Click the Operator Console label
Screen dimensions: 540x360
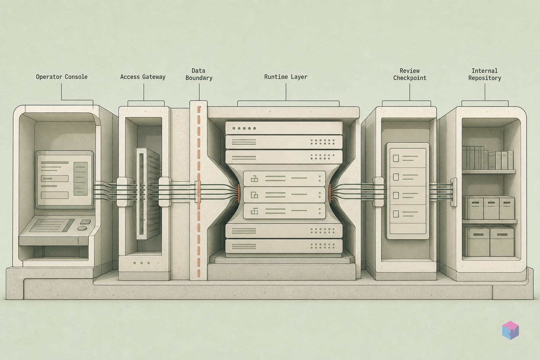pos(62,77)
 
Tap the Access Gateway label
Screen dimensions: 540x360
pos(143,77)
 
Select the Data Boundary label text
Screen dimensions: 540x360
pos(199,74)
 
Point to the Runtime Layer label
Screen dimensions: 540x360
pos(286,77)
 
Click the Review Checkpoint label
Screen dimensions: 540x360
pos(410,74)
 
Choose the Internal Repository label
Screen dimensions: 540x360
pos(484,74)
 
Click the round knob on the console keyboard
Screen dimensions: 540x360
pos(82,228)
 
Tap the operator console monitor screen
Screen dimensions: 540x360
pos(64,180)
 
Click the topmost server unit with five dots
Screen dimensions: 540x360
pos(284,128)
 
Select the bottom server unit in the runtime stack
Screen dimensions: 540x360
pos(284,246)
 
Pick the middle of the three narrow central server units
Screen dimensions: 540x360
pos(284,194)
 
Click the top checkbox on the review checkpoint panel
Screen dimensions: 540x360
pos(396,159)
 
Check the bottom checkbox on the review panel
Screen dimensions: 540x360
pos(396,214)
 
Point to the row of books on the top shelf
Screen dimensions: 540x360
pos(488,158)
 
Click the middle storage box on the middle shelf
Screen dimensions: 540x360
pos(491,208)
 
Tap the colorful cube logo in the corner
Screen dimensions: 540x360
pos(510,330)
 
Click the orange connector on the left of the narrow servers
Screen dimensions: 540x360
pos(239,193)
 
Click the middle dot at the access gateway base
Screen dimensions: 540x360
pos(142,263)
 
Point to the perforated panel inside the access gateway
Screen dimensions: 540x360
pos(148,194)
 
